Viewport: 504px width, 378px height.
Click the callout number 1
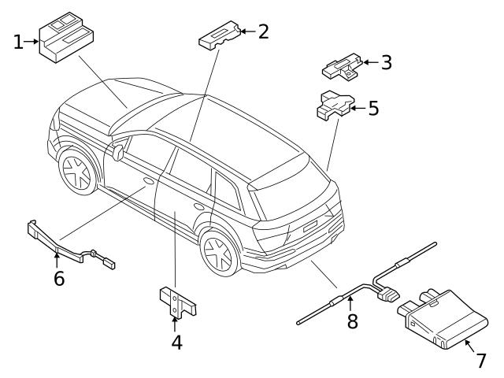(x=18, y=41)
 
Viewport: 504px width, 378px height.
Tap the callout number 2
(x=263, y=31)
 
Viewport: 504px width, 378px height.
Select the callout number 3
(x=386, y=62)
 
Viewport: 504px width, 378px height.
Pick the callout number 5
(x=373, y=108)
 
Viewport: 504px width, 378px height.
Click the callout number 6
(x=58, y=278)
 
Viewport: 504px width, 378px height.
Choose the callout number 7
(x=480, y=361)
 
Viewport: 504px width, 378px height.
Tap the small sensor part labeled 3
(x=341, y=67)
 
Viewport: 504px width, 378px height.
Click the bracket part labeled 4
(x=175, y=301)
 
